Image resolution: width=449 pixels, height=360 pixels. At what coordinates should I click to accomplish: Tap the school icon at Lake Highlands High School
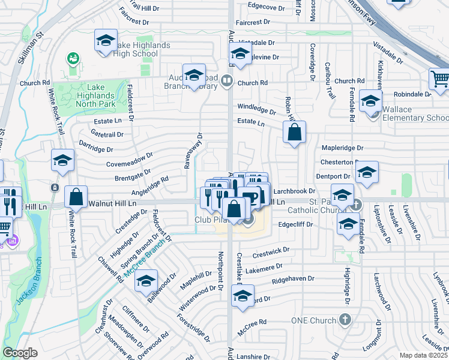point(106,41)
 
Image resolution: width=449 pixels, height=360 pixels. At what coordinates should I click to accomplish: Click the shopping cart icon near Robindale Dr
point(439,79)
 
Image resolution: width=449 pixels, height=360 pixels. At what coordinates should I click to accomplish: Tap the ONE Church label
point(314,320)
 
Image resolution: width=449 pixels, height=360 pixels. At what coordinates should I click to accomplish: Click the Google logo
point(20,353)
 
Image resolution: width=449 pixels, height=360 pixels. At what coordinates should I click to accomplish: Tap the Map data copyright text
point(424,355)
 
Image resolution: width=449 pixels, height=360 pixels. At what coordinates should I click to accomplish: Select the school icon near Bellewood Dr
point(145,280)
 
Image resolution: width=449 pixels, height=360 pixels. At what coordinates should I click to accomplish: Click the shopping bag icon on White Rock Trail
point(76,196)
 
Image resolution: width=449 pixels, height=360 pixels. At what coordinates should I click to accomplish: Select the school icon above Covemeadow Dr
point(62,160)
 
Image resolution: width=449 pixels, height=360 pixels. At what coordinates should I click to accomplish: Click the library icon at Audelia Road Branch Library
point(227,80)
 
